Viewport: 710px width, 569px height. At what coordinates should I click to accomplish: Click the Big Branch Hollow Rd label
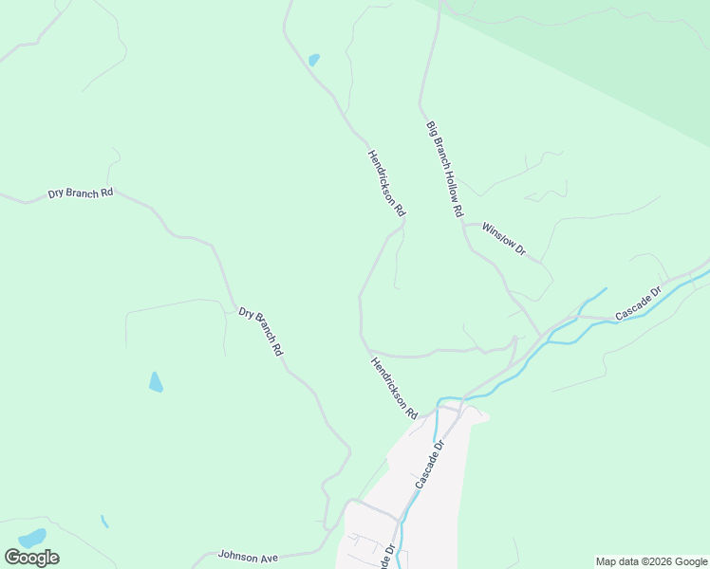(444, 168)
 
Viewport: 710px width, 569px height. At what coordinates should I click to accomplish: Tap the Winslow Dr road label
(504, 239)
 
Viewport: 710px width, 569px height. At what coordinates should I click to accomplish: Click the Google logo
(31, 558)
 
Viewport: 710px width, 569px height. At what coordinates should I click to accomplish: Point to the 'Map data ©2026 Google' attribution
(651, 561)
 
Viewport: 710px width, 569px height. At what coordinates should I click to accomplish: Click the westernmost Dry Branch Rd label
(81, 193)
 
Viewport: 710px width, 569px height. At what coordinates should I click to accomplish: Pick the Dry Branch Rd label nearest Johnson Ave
(261, 331)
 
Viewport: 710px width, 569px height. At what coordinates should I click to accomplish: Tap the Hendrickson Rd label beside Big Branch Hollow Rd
(387, 181)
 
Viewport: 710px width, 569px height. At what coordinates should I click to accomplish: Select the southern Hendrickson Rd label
(394, 388)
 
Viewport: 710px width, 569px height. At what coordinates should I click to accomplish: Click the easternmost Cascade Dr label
(637, 303)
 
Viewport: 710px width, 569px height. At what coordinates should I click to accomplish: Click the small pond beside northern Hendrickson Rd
(313, 60)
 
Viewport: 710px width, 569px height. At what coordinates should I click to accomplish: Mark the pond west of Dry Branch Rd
(156, 382)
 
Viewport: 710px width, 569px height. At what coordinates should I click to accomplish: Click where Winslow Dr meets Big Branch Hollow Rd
(464, 225)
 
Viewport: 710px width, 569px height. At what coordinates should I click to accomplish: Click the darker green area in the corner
(617, 47)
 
